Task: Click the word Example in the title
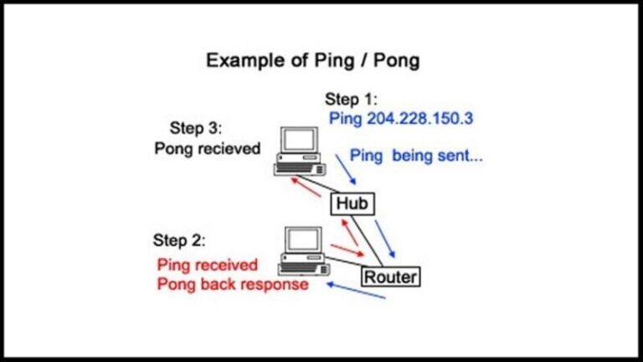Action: pos(243,60)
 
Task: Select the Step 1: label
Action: pos(353,99)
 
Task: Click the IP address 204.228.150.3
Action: pos(419,118)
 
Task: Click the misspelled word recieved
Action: pos(230,148)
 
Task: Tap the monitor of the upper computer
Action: pos(298,141)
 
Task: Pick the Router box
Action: pos(390,276)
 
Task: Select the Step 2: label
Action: pos(177,240)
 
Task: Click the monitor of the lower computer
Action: pos(302,240)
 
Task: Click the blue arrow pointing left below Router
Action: pos(355,291)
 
